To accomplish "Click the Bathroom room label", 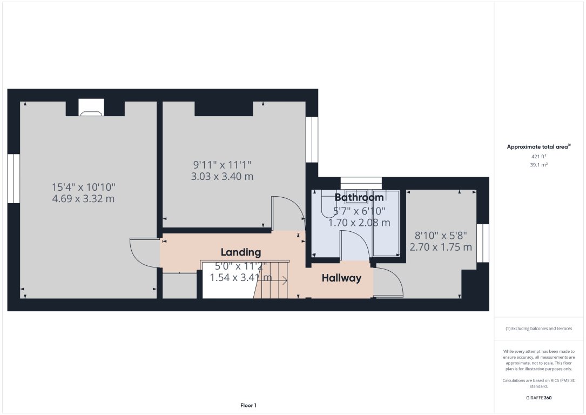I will pos(359,197).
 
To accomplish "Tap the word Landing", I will pos(241,252).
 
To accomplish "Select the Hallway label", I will pos(341,278).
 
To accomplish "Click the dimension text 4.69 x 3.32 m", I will pos(83,199).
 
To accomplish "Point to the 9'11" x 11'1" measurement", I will pos(223,164).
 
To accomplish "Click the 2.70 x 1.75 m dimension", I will pos(441,247).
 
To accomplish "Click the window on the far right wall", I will pos(483,243).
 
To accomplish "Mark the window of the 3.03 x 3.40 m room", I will pos(312,139).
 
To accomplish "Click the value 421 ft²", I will pos(539,157).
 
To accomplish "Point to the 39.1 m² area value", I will pos(539,165).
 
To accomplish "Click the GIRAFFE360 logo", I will pos(539,398).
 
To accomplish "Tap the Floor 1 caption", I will pos(248,405).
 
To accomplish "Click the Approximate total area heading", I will pos(538,146).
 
